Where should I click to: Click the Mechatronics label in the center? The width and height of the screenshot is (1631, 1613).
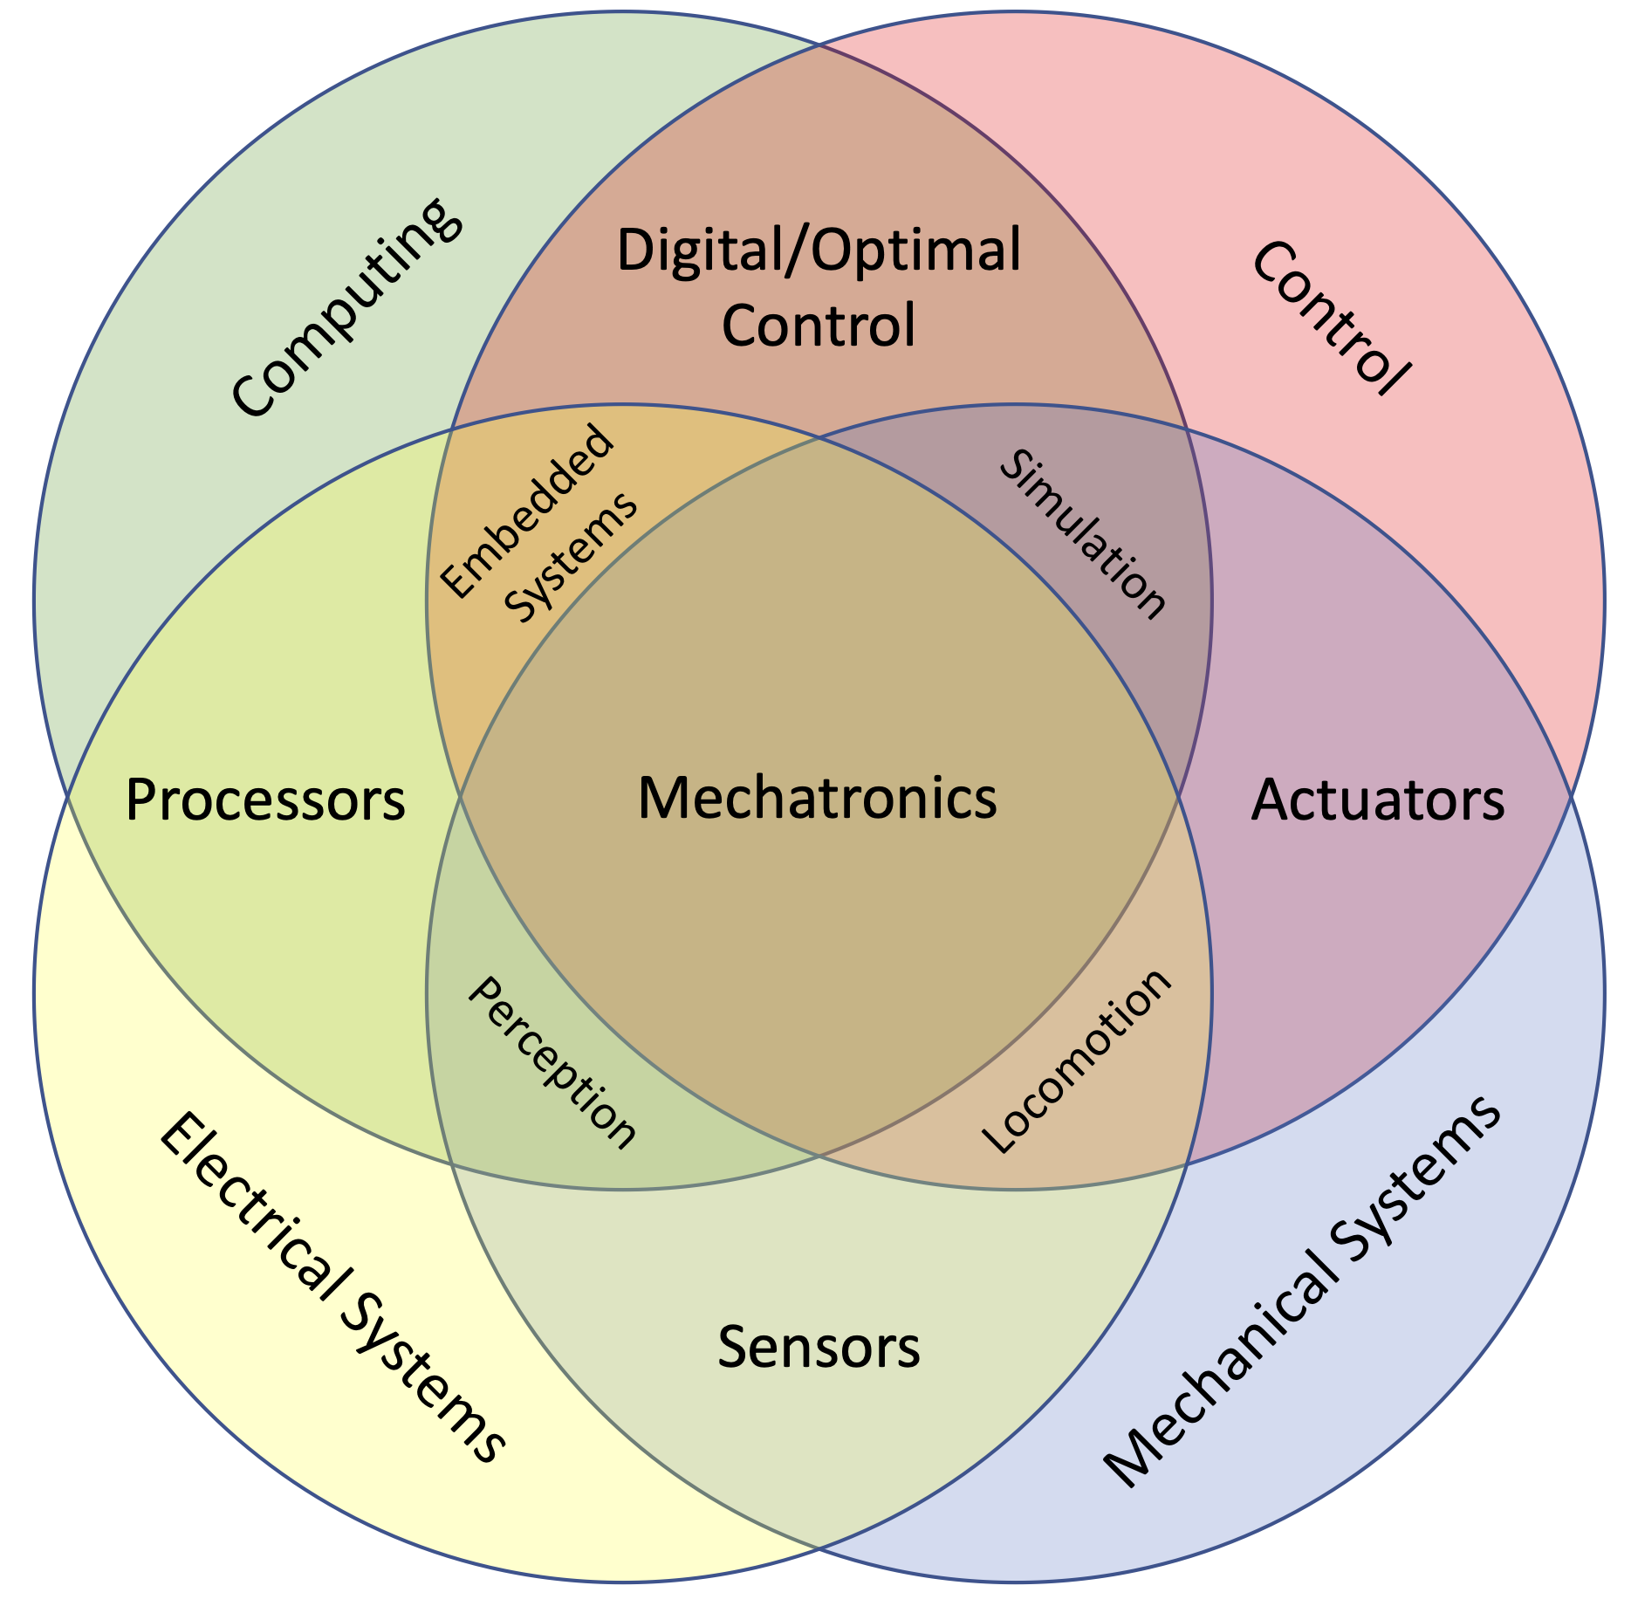tap(817, 799)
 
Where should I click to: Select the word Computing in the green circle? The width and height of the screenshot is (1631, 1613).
tap(345, 307)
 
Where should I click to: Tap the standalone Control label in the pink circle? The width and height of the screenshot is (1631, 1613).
tap(1329, 319)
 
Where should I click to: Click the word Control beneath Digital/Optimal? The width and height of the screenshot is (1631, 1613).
tap(818, 326)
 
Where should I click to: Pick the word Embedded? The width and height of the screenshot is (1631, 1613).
tap(526, 512)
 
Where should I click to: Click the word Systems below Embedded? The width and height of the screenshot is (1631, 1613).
tap(572, 558)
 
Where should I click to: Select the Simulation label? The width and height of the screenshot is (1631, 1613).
tap(1082, 535)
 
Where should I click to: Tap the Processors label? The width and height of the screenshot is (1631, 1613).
tap(265, 800)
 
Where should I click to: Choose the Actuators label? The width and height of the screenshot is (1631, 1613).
tap(1377, 800)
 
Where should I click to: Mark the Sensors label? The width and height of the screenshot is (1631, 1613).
tap(819, 1347)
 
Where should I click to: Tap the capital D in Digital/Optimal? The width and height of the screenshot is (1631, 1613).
tap(634, 250)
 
